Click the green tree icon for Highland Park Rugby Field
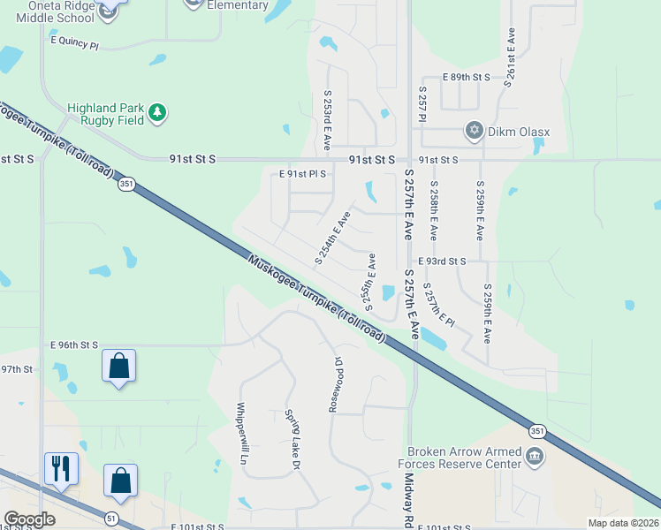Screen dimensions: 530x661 pos(157,112)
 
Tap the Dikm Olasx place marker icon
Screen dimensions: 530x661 pos(475,132)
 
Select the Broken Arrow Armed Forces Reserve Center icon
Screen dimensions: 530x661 pos(534,456)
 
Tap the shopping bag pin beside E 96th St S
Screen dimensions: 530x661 pos(118,365)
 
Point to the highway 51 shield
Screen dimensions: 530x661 pos(111,519)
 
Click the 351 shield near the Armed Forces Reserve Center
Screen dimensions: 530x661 pos(538,430)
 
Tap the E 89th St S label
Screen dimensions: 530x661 pos(466,78)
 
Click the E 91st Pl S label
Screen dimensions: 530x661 pos(302,174)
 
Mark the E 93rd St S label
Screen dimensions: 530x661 pos(442,261)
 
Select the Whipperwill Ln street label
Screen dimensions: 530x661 pos(239,434)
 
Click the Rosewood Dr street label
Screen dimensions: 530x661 pos(337,385)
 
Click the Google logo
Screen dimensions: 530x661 pos(29,519)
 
